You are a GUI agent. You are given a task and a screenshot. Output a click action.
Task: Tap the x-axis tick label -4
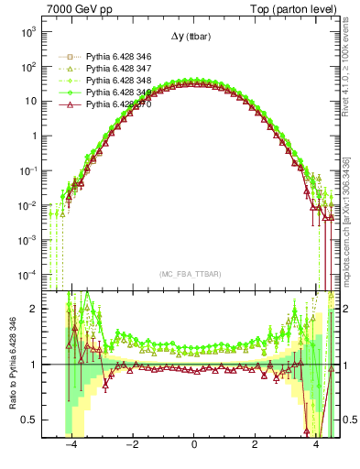tap(69, 445)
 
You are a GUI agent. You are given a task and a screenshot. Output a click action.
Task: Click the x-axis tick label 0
tap(193, 445)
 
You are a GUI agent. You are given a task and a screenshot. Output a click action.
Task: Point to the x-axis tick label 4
tap(316, 445)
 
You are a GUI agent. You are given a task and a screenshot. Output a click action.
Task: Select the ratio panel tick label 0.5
tap(30, 420)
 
